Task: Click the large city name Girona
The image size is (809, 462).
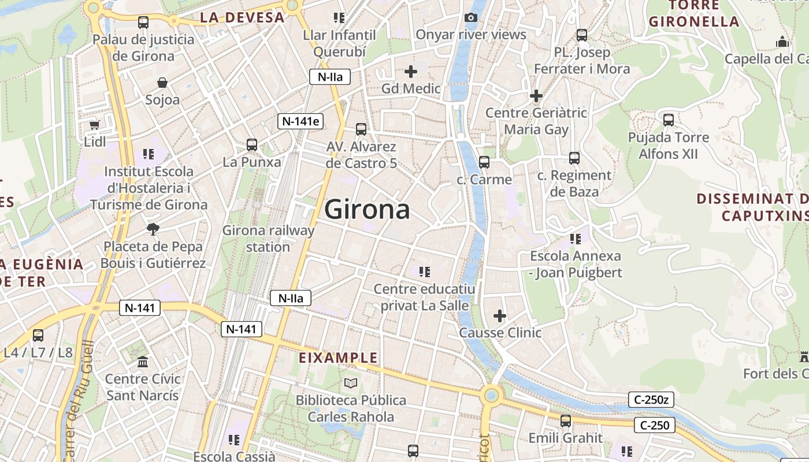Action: (367, 209)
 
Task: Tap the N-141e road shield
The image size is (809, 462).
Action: (300, 121)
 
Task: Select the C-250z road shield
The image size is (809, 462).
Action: (651, 399)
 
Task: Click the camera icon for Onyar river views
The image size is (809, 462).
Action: (471, 17)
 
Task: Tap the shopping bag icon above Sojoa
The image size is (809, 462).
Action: (162, 83)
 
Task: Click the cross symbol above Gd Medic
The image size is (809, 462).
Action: (411, 72)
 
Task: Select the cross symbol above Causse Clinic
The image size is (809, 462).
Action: (500, 316)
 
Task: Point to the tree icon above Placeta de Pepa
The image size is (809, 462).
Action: (153, 229)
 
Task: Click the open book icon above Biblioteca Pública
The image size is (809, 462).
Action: (351, 383)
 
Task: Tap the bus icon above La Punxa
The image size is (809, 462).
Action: (252, 145)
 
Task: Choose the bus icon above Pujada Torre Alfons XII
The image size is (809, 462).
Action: (669, 120)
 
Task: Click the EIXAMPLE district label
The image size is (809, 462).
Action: (338, 358)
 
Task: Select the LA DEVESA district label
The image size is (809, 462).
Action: (242, 17)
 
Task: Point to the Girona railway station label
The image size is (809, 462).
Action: (269, 239)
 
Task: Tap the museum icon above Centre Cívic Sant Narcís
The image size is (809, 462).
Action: (143, 362)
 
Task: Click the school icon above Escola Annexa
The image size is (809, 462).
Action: (575, 239)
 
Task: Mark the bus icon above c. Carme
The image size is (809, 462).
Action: (484, 162)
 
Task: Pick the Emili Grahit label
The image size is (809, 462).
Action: (566, 438)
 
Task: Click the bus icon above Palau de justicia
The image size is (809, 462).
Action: (143, 23)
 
